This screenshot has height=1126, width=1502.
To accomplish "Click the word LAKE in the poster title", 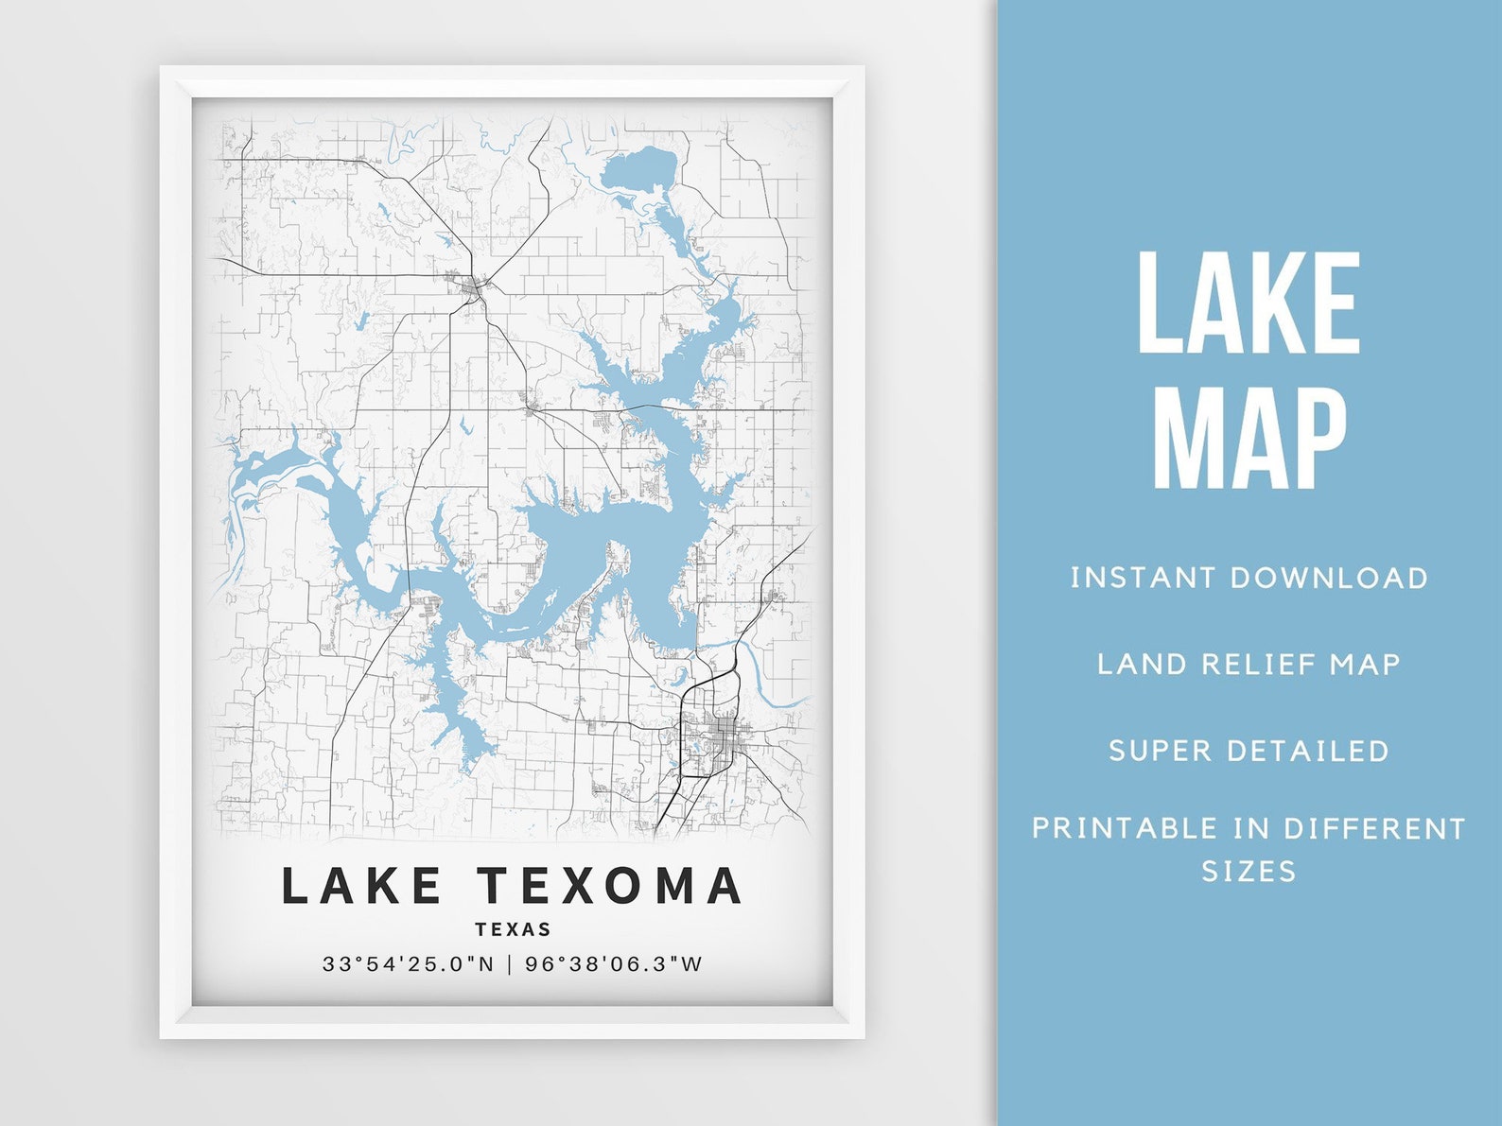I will [362, 886].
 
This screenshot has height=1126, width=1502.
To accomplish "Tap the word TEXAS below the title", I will [513, 929].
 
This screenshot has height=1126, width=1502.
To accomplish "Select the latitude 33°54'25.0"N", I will [408, 964].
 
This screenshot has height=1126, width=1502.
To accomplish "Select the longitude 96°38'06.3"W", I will [614, 964].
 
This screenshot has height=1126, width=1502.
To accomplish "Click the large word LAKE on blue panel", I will [1249, 303].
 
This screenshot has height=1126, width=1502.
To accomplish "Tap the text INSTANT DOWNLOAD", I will [1249, 578].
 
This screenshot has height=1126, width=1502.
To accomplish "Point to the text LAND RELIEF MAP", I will [1249, 664].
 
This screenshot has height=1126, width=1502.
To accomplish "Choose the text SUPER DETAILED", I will [1249, 751].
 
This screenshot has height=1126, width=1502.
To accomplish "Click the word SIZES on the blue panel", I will [1249, 871].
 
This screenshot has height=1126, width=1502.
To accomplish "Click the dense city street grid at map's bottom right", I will [724, 732].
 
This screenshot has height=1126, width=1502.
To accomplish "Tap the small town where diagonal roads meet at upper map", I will [471, 284].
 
